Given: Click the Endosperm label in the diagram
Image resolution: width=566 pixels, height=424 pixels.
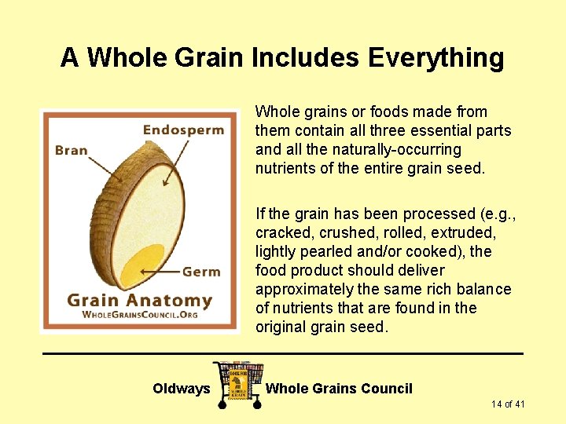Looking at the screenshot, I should tap(183, 130).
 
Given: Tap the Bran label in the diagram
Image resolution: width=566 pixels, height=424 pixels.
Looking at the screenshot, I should tap(72, 149).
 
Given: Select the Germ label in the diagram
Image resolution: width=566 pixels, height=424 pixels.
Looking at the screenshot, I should tap(201, 272).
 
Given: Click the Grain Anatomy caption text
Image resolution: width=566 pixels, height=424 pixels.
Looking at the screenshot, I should tap(139, 300).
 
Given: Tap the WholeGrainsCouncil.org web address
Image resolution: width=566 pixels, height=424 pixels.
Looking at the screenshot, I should tap(140, 315).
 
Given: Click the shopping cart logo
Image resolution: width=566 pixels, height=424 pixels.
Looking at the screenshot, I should tap(237, 383).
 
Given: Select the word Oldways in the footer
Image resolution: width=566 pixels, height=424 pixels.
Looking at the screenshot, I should tap(181, 389).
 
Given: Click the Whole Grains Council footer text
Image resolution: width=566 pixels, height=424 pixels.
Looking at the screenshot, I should tap(339, 389).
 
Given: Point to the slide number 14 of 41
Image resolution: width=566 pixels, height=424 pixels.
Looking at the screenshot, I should tap(508, 404).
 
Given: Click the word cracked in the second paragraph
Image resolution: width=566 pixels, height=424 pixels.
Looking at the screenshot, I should tap(282, 232).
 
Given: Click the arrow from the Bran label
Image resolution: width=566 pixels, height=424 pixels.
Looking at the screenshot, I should tap(101, 166).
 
